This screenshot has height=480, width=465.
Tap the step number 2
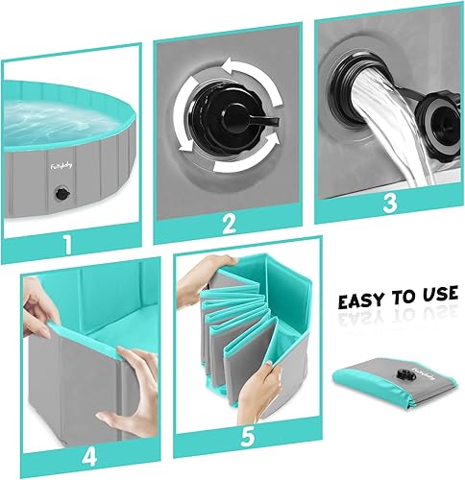[x=230, y=224]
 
